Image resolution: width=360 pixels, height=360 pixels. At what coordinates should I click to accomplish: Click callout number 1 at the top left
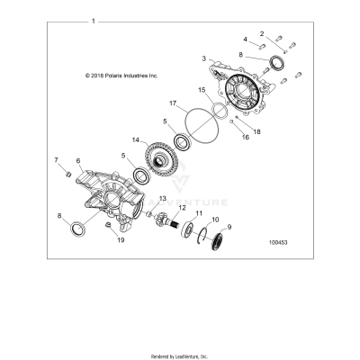click(93, 18)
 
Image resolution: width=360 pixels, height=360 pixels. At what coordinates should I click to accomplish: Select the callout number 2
click(262, 33)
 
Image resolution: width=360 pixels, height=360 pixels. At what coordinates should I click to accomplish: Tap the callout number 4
click(245, 40)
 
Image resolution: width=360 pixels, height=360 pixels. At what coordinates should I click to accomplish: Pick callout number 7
click(57, 161)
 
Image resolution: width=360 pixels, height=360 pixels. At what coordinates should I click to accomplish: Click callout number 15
click(202, 91)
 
